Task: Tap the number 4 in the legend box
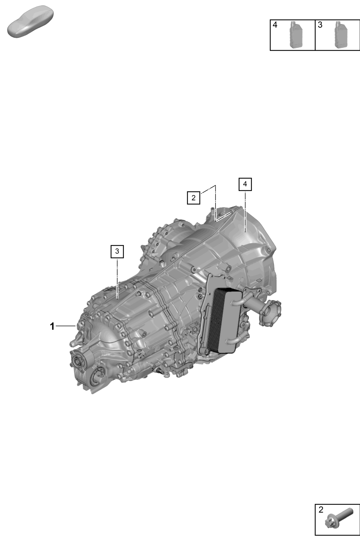pyautogui.click(x=275, y=25)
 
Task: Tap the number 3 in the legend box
pyautogui.click(x=320, y=25)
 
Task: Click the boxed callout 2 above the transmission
pyautogui.click(x=193, y=198)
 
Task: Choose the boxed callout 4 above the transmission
pyautogui.click(x=245, y=184)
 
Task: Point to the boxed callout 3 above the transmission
pyautogui.click(x=117, y=251)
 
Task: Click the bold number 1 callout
pyautogui.click(x=52, y=326)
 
